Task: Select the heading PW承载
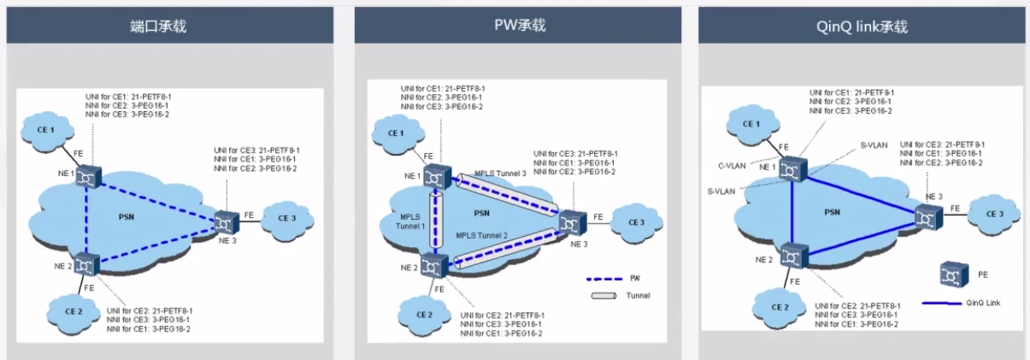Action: [x=519, y=26]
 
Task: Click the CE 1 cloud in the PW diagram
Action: [x=396, y=133]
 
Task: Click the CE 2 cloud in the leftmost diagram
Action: [x=72, y=304]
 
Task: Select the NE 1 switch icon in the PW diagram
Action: [x=437, y=177]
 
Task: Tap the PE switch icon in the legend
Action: [x=950, y=275]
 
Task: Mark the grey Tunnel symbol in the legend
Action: [x=603, y=296]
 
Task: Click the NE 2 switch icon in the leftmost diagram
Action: [x=86, y=263]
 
